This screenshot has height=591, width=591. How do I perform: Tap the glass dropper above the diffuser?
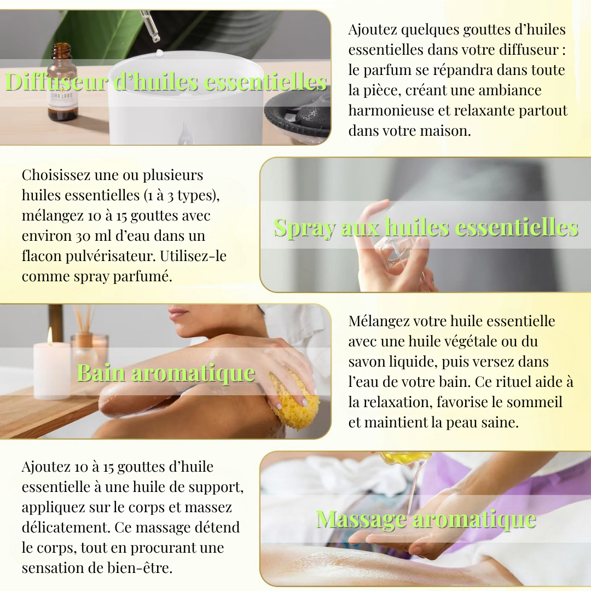150,26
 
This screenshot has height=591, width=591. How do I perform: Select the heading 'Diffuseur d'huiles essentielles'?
166,82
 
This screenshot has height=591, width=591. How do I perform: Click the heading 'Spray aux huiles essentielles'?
426,227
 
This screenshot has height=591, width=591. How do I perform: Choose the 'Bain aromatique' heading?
166,373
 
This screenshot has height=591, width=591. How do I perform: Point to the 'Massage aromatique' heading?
426,519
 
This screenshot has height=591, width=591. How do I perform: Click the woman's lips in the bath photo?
178,314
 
